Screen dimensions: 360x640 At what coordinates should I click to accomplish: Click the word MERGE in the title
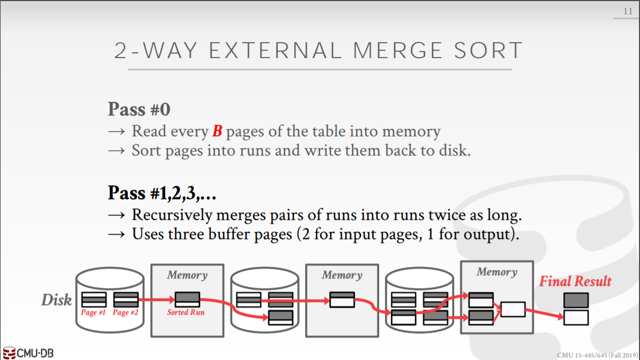(x=397, y=51)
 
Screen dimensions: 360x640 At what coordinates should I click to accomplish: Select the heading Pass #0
(x=139, y=109)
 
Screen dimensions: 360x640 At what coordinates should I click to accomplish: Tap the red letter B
(x=217, y=131)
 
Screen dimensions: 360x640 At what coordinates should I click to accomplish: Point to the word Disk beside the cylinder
(x=56, y=300)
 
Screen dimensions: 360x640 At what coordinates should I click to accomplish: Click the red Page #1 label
(x=93, y=313)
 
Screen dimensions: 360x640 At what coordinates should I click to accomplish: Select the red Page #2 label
(x=125, y=313)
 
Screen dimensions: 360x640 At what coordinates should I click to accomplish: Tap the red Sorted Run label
(x=186, y=312)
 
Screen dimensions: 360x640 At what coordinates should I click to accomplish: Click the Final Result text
(x=576, y=281)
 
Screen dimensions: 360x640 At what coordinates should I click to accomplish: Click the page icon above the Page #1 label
(x=94, y=300)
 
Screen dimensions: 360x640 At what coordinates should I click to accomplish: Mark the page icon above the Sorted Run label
(x=187, y=299)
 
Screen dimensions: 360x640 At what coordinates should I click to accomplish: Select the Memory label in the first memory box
(x=187, y=275)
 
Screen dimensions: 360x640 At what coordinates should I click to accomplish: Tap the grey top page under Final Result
(x=576, y=300)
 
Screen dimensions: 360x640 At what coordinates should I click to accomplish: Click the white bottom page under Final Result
(x=576, y=317)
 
